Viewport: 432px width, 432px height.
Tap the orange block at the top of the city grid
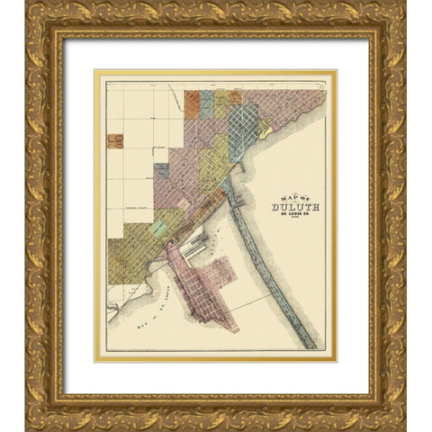coord(192,103)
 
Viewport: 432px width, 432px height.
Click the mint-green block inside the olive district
coord(160,228)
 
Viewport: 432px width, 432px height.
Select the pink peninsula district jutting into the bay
coord(202,288)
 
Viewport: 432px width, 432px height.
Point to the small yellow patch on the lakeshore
coord(265,130)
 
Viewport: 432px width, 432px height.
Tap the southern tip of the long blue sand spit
coord(311,343)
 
